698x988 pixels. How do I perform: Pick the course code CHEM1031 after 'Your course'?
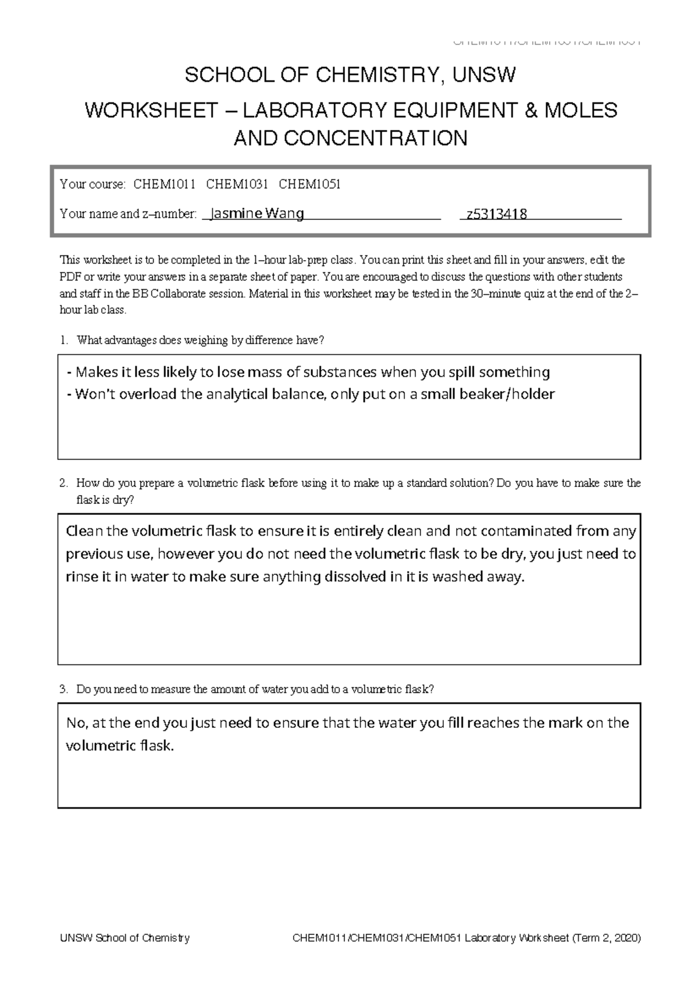click(x=237, y=185)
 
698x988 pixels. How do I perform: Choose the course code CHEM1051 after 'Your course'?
click(x=309, y=185)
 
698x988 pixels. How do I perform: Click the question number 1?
click(x=63, y=340)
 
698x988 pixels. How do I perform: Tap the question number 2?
click(x=63, y=483)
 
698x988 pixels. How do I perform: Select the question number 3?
click(x=63, y=690)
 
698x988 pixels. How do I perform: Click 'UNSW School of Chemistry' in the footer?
click(x=125, y=938)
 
